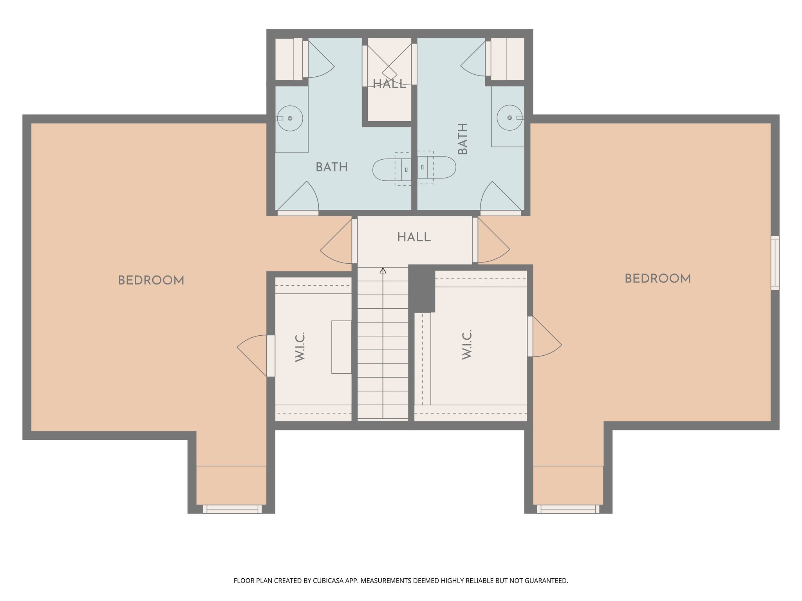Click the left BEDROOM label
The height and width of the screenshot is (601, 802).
click(x=151, y=280)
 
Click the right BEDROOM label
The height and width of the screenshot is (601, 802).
click(x=657, y=279)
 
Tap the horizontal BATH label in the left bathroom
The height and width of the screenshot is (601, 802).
click(x=332, y=167)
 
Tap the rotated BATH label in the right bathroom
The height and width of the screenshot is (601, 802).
click(x=463, y=139)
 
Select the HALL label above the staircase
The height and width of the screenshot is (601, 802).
click(x=414, y=237)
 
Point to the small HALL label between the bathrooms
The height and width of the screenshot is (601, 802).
click(x=389, y=84)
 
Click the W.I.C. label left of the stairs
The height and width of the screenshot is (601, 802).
click(x=300, y=347)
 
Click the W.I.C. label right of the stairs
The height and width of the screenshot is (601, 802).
click(x=467, y=345)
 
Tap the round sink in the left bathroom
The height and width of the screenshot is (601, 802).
click(x=290, y=118)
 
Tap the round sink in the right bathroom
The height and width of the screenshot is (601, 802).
click(x=509, y=117)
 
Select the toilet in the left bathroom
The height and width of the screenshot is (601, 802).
click(x=392, y=170)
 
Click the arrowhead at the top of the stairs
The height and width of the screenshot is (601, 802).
click(x=383, y=270)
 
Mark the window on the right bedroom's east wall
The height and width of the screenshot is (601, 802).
click(x=775, y=263)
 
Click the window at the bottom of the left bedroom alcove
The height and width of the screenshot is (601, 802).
click(x=232, y=509)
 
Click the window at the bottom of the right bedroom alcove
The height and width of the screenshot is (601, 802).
click(x=568, y=509)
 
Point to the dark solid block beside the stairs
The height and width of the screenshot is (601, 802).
click(x=422, y=289)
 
